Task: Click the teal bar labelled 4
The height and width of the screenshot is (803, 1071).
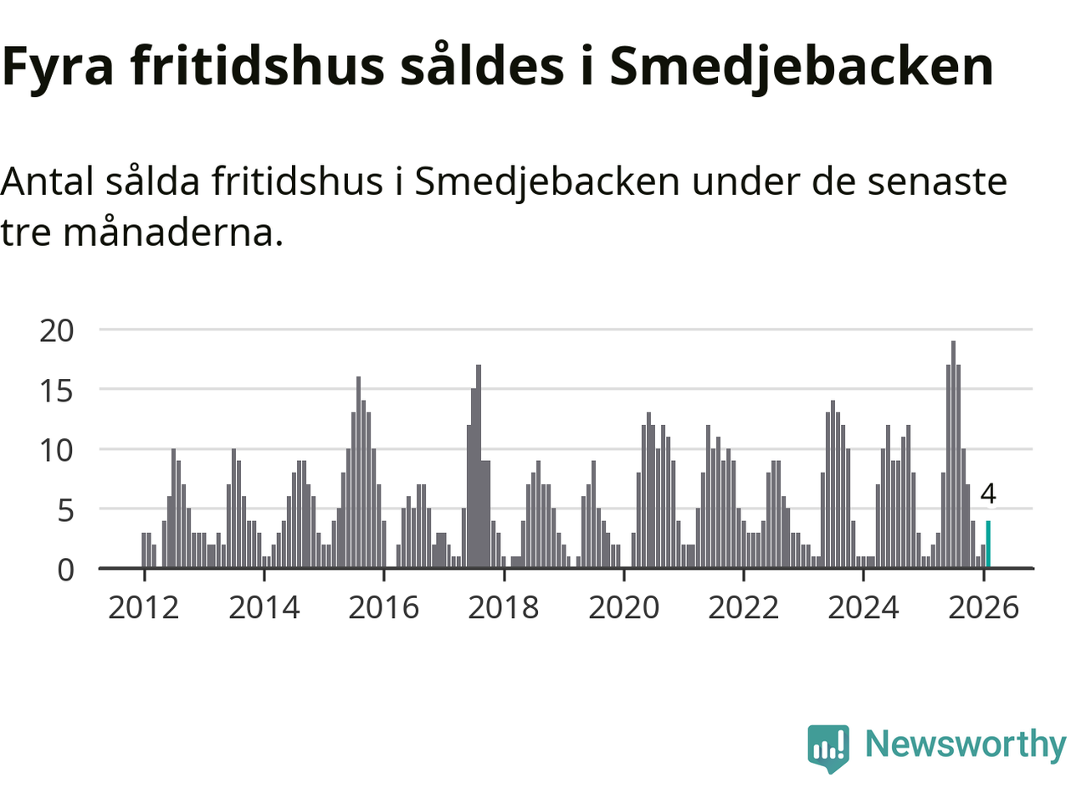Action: click(988, 545)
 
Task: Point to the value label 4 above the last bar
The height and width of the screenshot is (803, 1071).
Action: click(988, 494)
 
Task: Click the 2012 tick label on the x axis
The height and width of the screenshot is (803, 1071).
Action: click(144, 607)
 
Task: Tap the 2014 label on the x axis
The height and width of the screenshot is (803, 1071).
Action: click(264, 607)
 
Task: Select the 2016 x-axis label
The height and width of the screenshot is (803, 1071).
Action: click(383, 607)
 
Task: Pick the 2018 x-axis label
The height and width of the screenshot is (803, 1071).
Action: click(504, 607)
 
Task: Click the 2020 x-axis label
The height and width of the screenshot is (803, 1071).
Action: click(623, 607)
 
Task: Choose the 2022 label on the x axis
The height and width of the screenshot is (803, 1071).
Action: click(743, 607)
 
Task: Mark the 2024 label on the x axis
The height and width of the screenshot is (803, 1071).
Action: click(863, 607)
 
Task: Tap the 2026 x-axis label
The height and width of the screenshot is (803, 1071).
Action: click(983, 607)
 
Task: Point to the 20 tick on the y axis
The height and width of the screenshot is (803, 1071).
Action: click(57, 330)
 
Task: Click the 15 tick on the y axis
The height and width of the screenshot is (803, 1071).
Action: click(57, 391)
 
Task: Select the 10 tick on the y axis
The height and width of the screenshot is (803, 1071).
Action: click(57, 451)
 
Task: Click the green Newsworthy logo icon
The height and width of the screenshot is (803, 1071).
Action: click(828, 747)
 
